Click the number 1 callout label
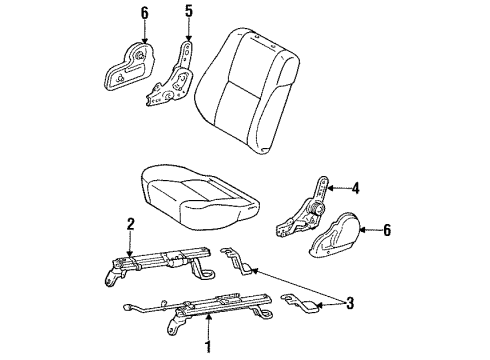pyautogui.click(x=208, y=347)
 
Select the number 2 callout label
pyautogui.click(x=130, y=224)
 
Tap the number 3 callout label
pyautogui.click(x=350, y=303)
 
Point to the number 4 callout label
pyautogui.click(x=356, y=188)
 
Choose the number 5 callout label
pyautogui.click(x=189, y=11)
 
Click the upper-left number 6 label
pyautogui.click(x=144, y=13)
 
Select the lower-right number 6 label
pyautogui.click(x=387, y=230)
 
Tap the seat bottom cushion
pyautogui.click(x=199, y=196)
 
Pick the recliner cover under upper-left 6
pyautogui.click(x=129, y=67)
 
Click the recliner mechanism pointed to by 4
pyautogui.click(x=302, y=210)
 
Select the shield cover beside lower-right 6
pyautogui.click(x=336, y=235)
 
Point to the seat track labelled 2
pyautogui.click(x=158, y=264)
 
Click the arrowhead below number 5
pyautogui.click(x=189, y=38)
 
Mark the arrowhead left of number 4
pyautogui.click(x=330, y=189)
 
